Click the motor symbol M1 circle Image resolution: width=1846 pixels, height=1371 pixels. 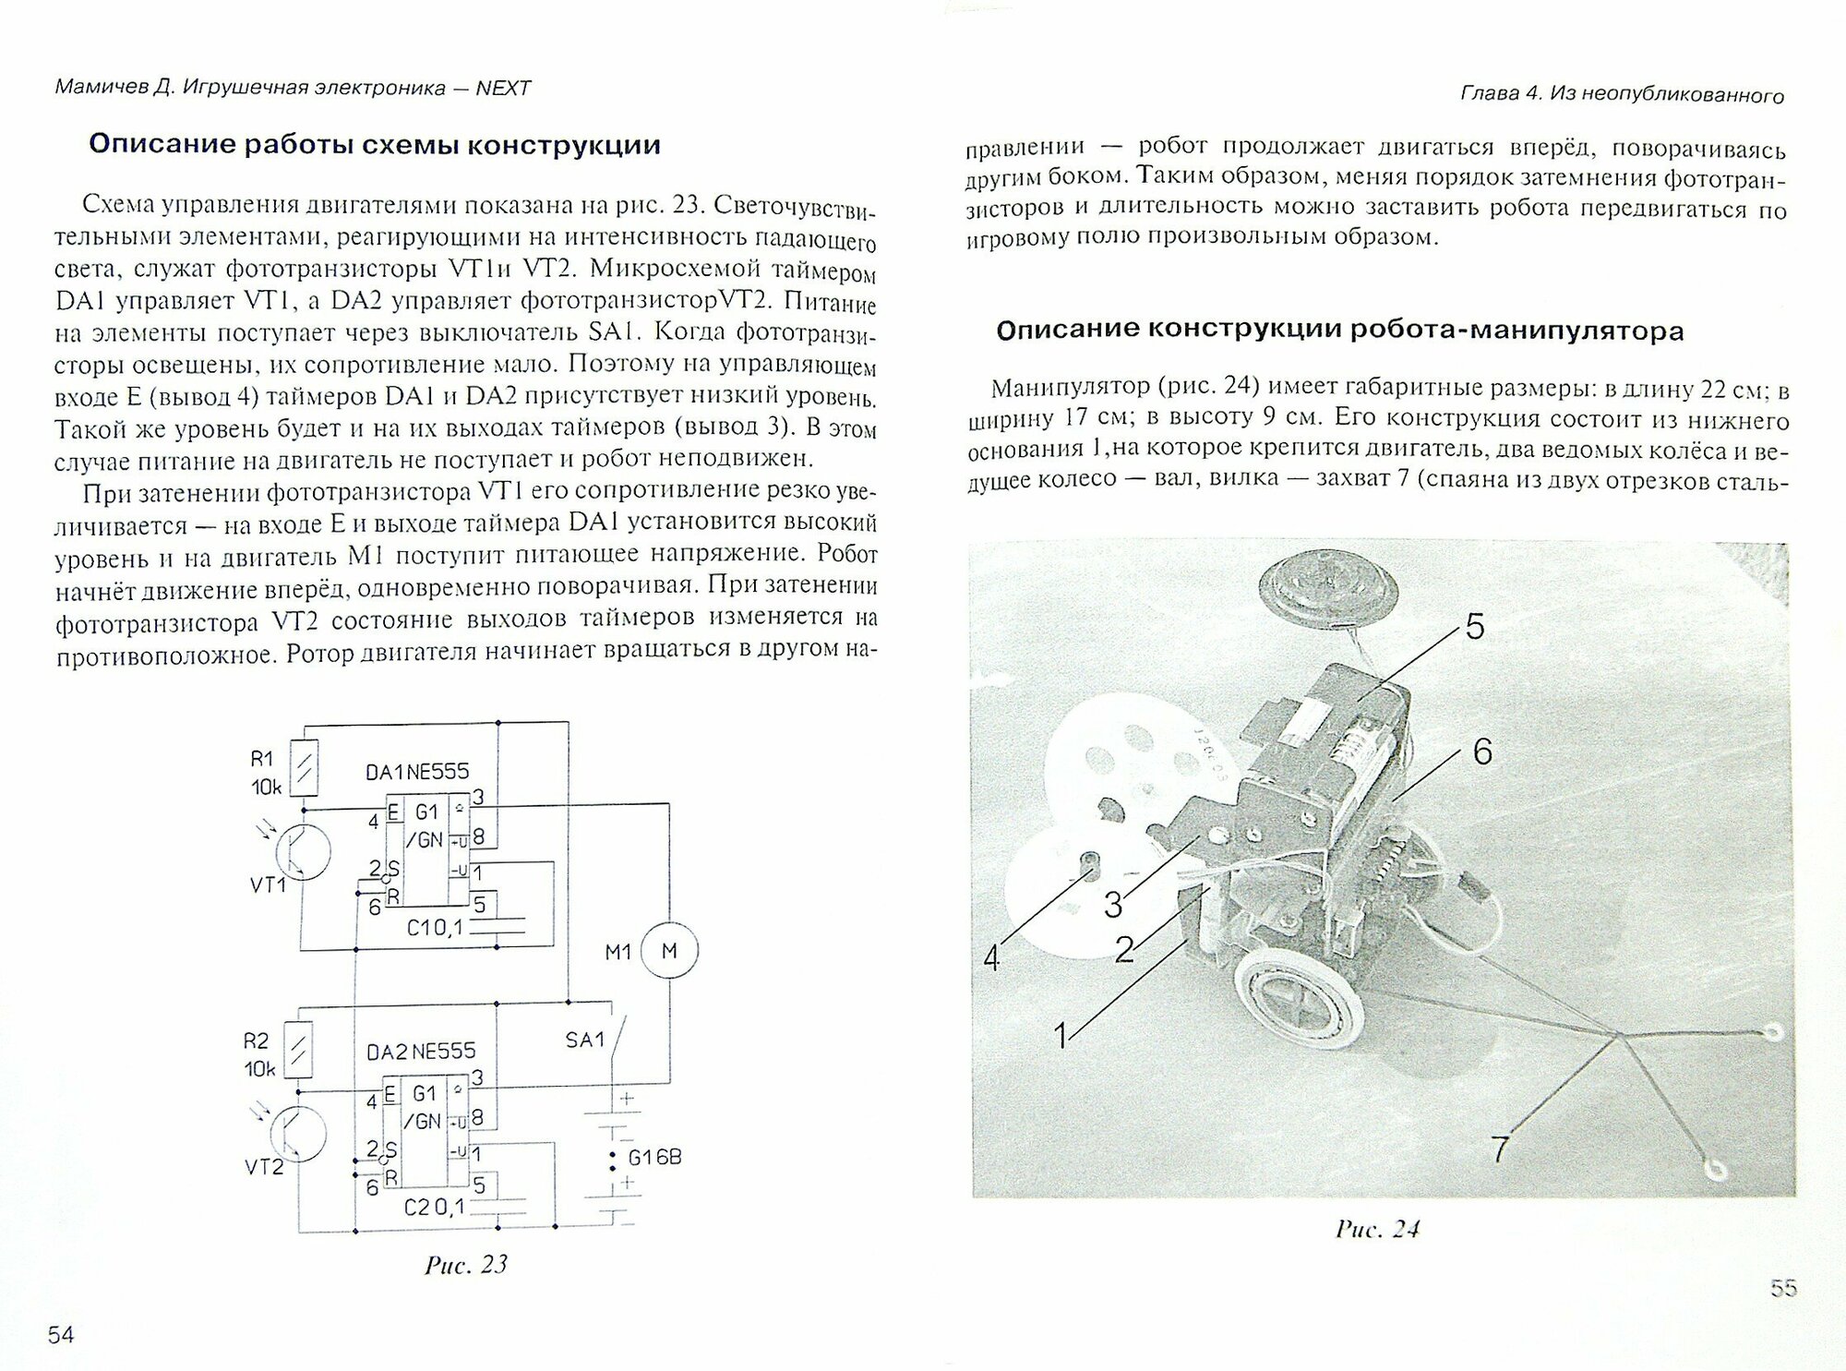click(x=669, y=950)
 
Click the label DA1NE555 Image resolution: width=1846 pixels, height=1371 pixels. click(x=417, y=771)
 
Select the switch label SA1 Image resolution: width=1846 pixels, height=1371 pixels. click(x=584, y=1040)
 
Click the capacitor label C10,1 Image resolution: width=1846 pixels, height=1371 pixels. click(x=435, y=929)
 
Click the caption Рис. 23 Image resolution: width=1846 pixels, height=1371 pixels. click(x=466, y=1264)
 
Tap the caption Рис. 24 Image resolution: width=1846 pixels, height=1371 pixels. click(x=1377, y=1229)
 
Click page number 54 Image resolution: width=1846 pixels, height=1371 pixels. click(x=62, y=1334)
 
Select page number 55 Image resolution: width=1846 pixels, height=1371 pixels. click(x=1783, y=1288)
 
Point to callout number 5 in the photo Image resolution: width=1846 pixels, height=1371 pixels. click(x=1475, y=627)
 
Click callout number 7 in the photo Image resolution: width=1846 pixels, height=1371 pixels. click(x=1501, y=1149)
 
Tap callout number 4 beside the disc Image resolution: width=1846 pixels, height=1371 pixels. click(x=991, y=958)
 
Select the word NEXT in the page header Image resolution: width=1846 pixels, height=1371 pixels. click(x=503, y=88)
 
